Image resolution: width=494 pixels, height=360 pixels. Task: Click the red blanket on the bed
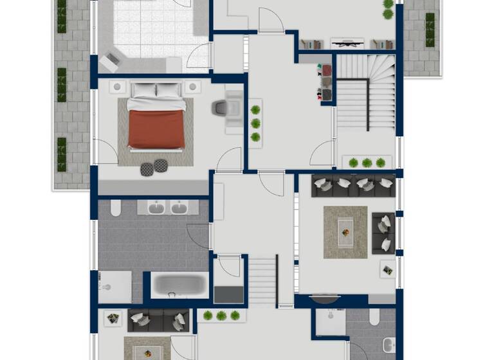tap(156, 127)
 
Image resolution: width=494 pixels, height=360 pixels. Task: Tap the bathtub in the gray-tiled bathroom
tap(179, 284)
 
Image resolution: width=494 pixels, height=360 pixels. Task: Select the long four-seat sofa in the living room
tap(353, 186)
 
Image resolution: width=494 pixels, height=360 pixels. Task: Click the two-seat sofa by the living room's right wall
tap(383, 232)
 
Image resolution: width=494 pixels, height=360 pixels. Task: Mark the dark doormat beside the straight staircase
tap(228, 294)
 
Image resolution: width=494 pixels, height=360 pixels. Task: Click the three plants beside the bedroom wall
tap(256, 123)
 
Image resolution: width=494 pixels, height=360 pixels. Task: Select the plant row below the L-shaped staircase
tap(367, 163)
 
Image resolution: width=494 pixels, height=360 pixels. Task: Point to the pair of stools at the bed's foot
tap(154, 168)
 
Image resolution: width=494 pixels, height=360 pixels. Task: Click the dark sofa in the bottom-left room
tap(158, 319)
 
